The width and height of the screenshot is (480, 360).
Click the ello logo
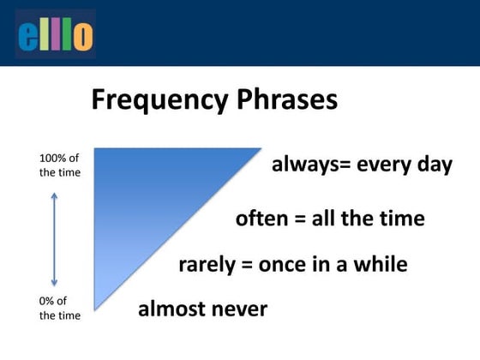click(56, 35)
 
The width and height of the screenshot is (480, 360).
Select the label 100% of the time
click(60, 165)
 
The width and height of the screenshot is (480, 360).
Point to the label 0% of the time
click(60, 308)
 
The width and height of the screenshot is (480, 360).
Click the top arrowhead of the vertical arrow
click(54, 195)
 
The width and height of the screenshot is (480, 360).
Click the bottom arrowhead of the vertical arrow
click(54, 283)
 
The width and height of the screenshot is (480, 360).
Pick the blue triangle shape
click(146, 197)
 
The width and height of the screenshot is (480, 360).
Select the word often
click(263, 218)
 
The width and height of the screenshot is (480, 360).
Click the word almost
click(173, 308)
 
